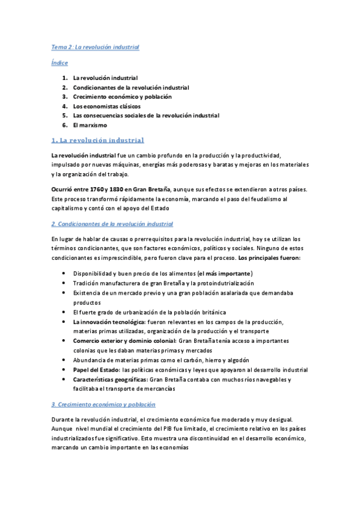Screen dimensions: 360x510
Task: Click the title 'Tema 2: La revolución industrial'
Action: pos(95,46)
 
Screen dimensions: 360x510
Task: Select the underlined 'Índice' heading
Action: pos(59,63)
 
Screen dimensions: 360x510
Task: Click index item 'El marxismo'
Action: pos(90,125)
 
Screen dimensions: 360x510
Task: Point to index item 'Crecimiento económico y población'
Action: pos(122,96)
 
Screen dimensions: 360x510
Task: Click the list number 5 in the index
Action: pos(64,115)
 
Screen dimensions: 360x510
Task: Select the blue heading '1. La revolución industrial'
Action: pos(97,140)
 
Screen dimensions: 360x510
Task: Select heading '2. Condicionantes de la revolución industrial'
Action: pos(112,224)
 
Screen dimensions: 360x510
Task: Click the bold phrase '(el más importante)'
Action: pos(225,274)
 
